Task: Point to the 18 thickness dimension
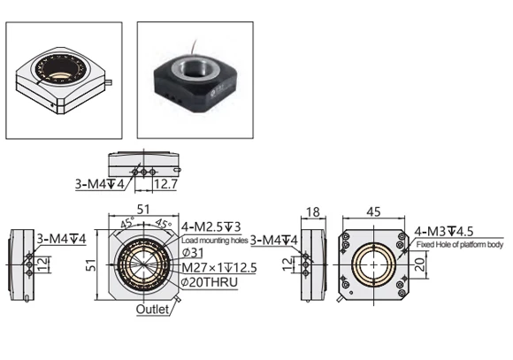pyautogui.click(x=311, y=212)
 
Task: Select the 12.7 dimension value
pyautogui.click(x=165, y=185)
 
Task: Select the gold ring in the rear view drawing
pyautogui.click(x=373, y=264)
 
